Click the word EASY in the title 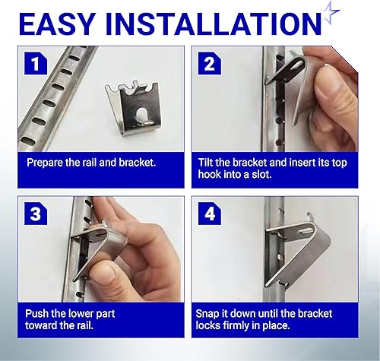[x=57, y=24]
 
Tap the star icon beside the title [x=331, y=13]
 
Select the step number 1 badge [x=36, y=63]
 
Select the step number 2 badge [x=210, y=63]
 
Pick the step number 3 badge [x=36, y=214]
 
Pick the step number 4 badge [x=210, y=214]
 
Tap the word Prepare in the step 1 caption [x=45, y=163]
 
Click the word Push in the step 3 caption [x=36, y=314]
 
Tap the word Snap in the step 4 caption [x=207, y=314]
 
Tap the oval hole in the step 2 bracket [x=297, y=65]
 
